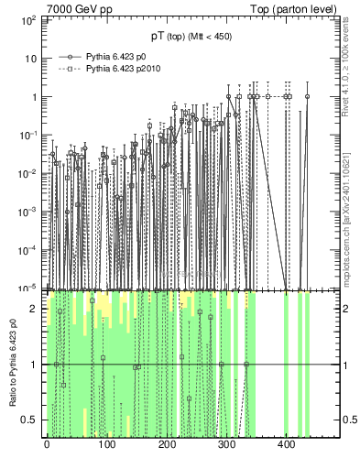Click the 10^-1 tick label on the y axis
29,135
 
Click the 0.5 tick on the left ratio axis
32,420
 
